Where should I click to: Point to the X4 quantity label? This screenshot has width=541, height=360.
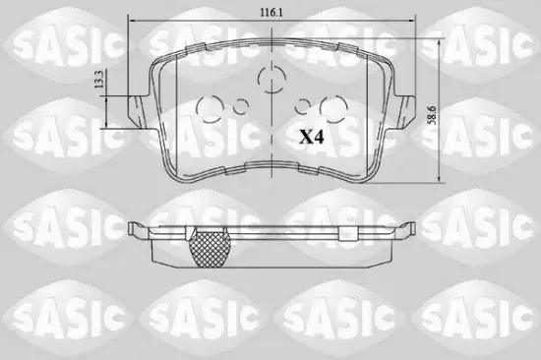click(x=312, y=137)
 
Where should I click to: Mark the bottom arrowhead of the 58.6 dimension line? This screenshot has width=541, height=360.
click(x=440, y=181)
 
